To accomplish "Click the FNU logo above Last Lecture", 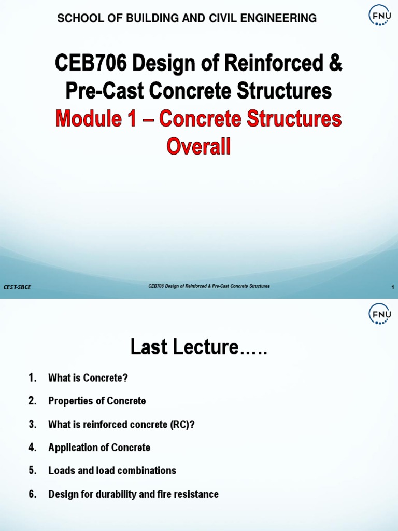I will coord(379,314).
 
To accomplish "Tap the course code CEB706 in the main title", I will coord(88,64).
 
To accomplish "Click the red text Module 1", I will coord(96,119).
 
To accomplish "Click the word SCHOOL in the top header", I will coord(77,19).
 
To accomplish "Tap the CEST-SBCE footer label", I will coord(17,287).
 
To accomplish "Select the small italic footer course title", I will coord(209,286).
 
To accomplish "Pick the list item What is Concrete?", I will coord(88,378).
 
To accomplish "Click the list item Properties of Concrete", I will coord(97,401).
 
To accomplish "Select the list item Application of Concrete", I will coord(99,448).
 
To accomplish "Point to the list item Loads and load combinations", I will coord(112,471).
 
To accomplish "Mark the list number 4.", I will coord(33,448).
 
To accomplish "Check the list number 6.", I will coord(33,494).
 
